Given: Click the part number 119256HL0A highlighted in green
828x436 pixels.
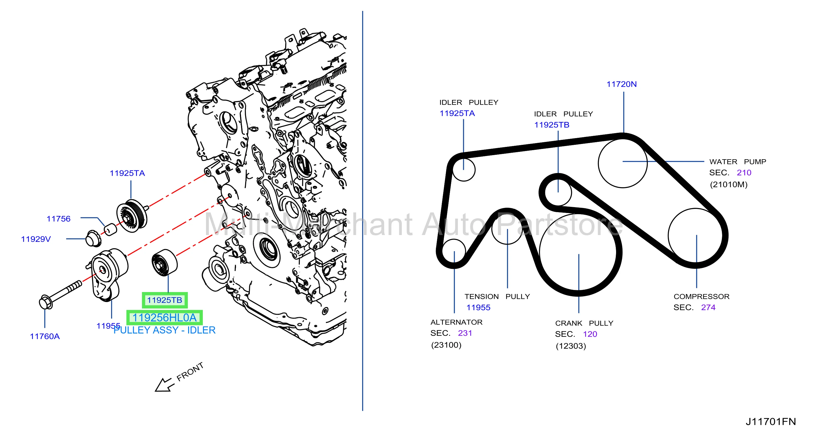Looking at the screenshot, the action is [x=164, y=317].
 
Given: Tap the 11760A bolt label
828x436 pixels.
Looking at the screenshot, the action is [x=45, y=336].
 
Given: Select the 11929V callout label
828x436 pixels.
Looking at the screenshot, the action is [x=36, y=239].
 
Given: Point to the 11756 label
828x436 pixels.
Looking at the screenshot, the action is [x=58, y=219].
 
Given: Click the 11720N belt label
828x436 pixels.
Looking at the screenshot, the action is [x=621, y=84].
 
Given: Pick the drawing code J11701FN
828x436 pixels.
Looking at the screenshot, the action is [x=771, y=422].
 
